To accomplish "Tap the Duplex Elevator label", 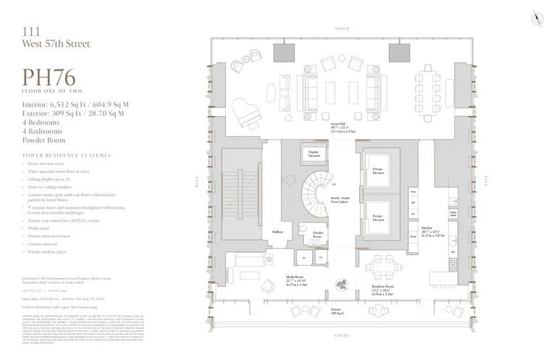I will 313,154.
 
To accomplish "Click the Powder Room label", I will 317,235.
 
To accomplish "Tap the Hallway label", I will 278,231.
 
